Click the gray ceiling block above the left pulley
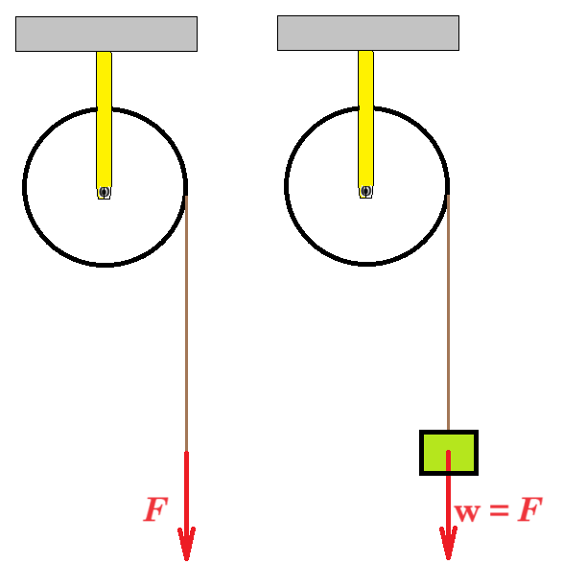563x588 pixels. (x=106, y=34)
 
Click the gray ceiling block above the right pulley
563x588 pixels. (x=368, y=33)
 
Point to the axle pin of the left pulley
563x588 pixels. (x=104, y=192)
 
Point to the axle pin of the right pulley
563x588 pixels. (x=365, y=191)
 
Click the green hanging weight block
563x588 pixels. (x=449, y=453)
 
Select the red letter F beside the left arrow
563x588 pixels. (x=155, y=509)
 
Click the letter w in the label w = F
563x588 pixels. (x=467, y=512)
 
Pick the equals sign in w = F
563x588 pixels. (x=499, y=510)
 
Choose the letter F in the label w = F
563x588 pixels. (x=529, y=509)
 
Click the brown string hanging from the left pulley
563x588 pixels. (x=186, y=323)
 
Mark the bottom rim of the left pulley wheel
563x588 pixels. (x=106, y=265)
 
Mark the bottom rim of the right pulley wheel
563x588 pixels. (x=366, y=265)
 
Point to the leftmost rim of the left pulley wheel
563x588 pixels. (x=24, y=187)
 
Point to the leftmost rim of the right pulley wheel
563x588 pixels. (x=286, y=186)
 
